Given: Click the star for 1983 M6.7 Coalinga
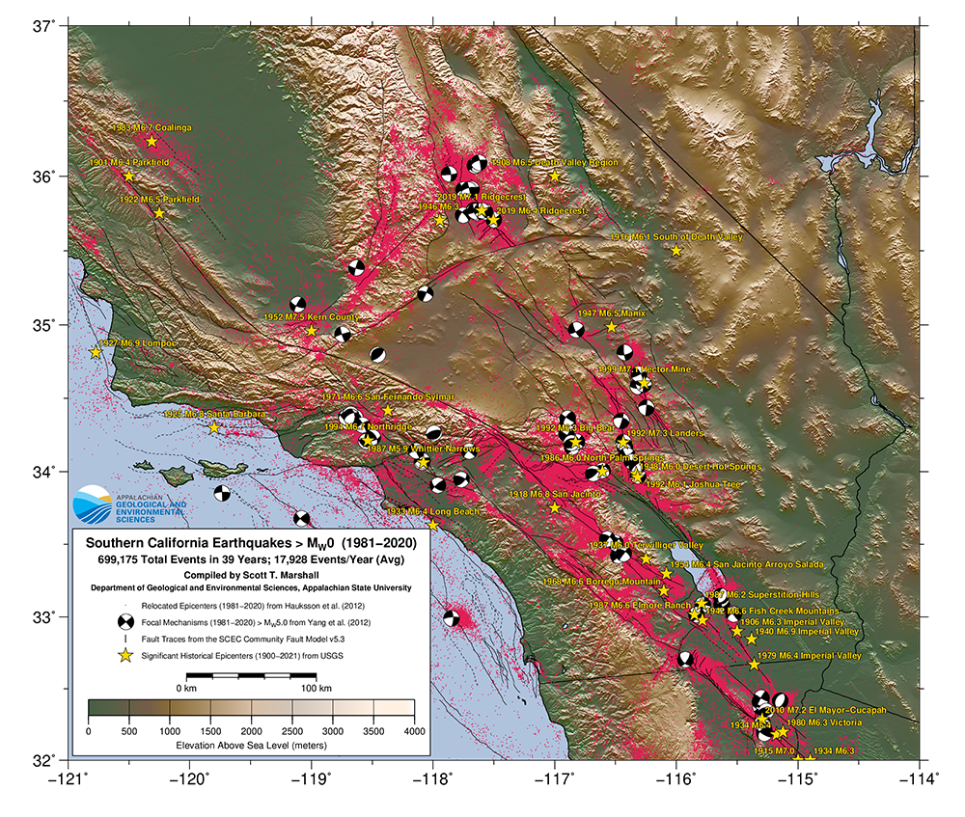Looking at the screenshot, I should (152, 142).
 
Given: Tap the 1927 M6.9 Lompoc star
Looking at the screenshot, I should (96, 353).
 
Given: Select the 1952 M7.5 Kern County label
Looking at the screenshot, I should (311, 316).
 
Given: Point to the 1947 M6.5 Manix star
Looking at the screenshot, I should (612, 328).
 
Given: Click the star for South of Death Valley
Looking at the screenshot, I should (676, 251).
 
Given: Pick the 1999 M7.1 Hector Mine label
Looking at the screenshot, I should (644, 369).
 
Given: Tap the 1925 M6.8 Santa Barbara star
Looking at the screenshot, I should (214, 427).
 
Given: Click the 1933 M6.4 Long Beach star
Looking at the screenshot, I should (433, 526).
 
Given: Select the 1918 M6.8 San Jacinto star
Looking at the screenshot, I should (555, 507).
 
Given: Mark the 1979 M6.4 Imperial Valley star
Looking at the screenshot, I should (755, 665).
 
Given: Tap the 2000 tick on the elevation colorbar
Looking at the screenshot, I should (251, 732).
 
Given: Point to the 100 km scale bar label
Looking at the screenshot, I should (317, 690).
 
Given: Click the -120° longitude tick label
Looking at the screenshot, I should (190, 776).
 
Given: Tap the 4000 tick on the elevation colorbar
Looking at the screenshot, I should (414, 732).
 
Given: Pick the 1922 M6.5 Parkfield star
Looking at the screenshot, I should (159, 213).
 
